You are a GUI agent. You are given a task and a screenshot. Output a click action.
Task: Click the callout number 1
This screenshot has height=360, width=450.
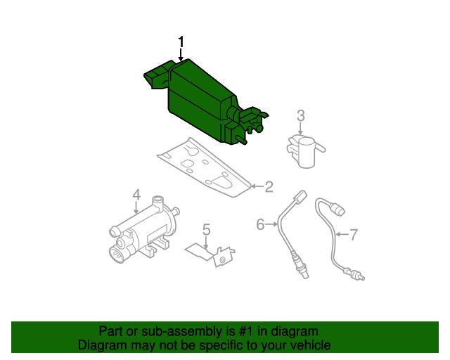(181, 42)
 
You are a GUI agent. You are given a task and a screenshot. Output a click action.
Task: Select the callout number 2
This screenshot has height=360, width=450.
(269, 186)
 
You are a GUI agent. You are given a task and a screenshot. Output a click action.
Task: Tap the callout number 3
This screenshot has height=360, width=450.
(300, 116)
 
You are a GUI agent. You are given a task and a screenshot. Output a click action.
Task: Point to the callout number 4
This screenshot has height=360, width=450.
(136, 194)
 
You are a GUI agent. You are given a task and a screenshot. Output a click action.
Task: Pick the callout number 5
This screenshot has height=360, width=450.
(206, 230)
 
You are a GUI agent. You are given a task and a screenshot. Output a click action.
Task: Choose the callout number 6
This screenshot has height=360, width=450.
(260, 224)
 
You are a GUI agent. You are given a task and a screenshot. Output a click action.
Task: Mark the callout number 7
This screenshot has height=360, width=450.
(353, 235)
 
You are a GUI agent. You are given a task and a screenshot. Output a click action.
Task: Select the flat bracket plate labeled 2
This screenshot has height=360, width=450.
(205, 167)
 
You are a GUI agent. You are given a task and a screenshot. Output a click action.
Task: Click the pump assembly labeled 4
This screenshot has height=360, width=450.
(144, 230)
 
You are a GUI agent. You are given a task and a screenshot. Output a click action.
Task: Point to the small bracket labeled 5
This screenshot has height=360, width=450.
(211, 255)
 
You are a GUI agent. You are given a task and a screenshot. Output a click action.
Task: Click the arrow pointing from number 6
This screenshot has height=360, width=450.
(271, 224)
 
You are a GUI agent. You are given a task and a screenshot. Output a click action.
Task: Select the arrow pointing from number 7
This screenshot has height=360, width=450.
(342, 235)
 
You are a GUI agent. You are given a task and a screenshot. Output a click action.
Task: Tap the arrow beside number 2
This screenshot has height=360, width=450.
(257, 186)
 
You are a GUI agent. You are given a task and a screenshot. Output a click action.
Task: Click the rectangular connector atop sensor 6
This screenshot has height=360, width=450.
(300, 197)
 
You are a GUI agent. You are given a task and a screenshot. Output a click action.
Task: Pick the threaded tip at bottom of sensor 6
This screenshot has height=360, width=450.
(303, 272)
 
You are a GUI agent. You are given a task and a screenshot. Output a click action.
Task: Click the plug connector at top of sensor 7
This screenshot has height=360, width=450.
(337, 210)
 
